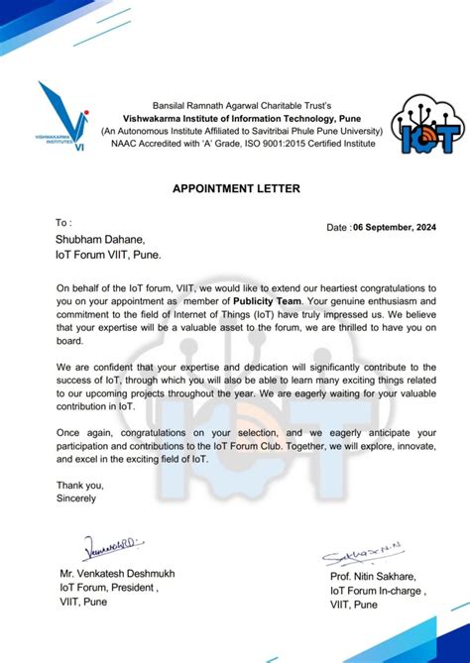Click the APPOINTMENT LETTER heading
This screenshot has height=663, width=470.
[x=235, y=187]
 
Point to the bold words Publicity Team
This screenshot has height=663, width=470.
[x=273, y=300]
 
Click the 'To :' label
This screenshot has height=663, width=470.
[x=64, y=222]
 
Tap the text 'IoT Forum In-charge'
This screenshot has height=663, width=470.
[x=378, y=592]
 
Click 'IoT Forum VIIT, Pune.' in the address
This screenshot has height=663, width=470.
[x=108, y=255]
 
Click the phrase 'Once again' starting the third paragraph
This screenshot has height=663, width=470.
[x=86, y=433]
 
